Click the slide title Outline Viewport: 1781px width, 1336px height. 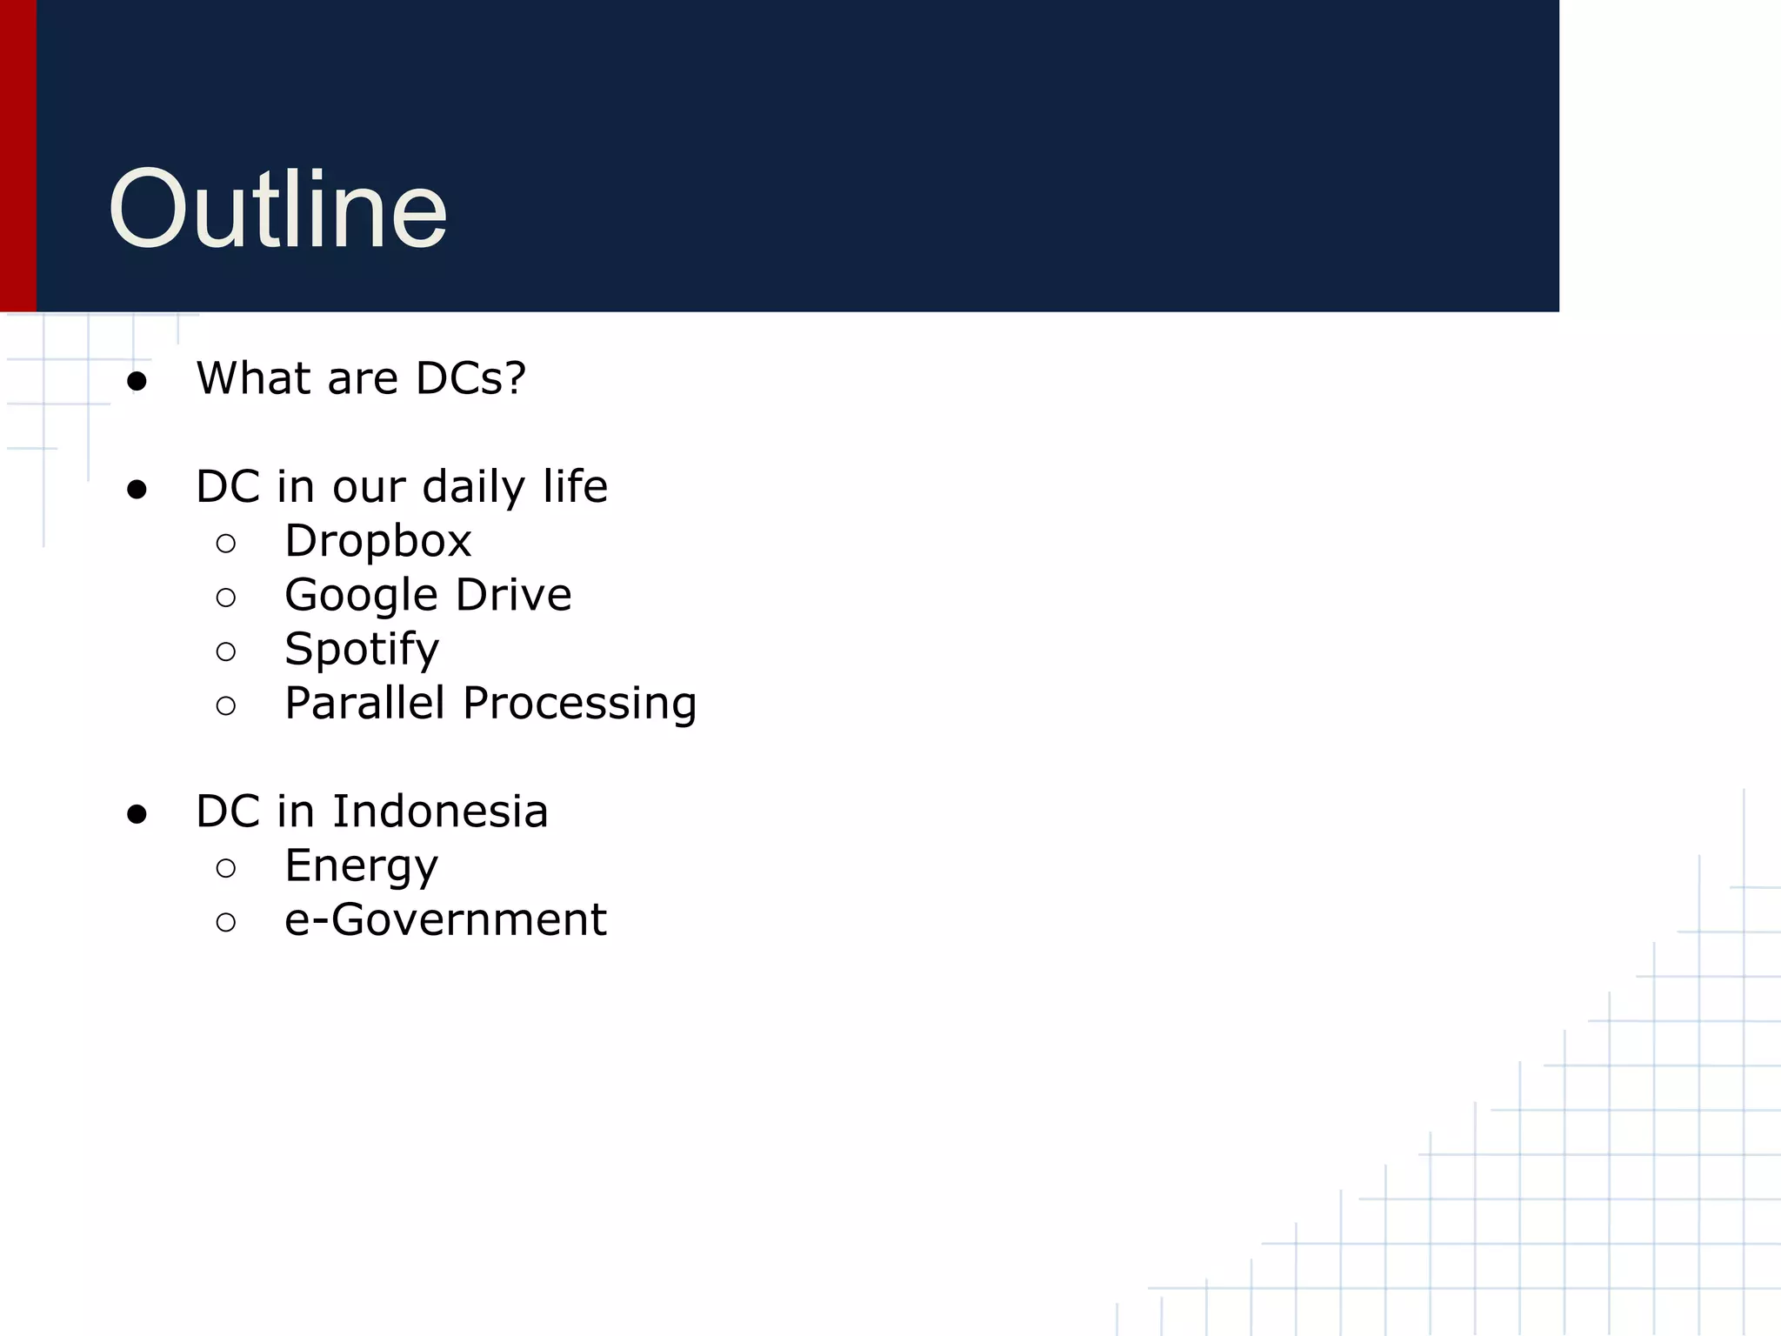click(277, 210)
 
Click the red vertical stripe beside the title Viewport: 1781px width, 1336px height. click(17, 157)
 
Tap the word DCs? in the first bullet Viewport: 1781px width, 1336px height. click(470, 378)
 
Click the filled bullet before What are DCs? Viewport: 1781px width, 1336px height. click(137, 381)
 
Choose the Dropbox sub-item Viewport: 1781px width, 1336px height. click(377, 541)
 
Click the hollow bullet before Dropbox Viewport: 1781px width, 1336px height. click(226, 544)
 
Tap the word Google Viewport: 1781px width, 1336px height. click(361, 596)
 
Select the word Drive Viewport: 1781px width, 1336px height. click(513, 595)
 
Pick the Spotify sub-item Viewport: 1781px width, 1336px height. click(362, 650)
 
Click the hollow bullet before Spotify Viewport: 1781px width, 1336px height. click(226, 651)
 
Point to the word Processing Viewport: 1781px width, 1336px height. click(579, 705)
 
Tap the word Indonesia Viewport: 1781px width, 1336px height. click(440, 812)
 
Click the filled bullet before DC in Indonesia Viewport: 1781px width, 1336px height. click(137, 814)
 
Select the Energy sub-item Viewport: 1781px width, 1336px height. click(361, 866)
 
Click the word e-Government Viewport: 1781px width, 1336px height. click(445, 919)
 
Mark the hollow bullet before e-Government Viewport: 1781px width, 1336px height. click(226, 922)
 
